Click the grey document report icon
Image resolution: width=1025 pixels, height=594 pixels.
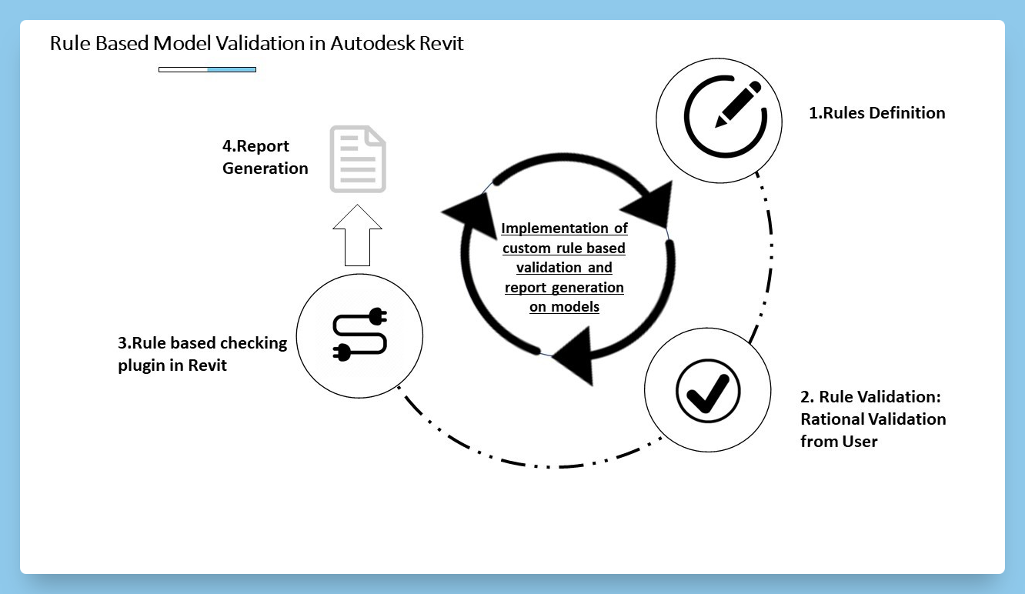(x=358, y=159)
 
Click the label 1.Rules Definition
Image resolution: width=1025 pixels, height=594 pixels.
(x=876, y=113)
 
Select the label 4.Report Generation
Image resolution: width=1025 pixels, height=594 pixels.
(x=265, y=157)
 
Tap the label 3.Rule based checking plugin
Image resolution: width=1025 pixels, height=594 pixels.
(x=202, y=354)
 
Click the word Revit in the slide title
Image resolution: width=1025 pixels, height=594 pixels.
(x=442, y=43)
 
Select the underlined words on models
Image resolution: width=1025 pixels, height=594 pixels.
(x=564, y=307)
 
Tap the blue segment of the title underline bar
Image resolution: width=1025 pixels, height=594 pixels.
(x=232, y=70)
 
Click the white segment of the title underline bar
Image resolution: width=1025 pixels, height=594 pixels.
(x=183, y=70)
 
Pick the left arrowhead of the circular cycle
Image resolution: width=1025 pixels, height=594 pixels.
(x=469, y=211)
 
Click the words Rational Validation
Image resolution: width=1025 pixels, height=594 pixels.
(x=873, y=419)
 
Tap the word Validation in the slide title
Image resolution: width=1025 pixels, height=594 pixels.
(x=247, y=43)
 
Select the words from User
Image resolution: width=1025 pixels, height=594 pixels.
(x=839, y=442)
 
